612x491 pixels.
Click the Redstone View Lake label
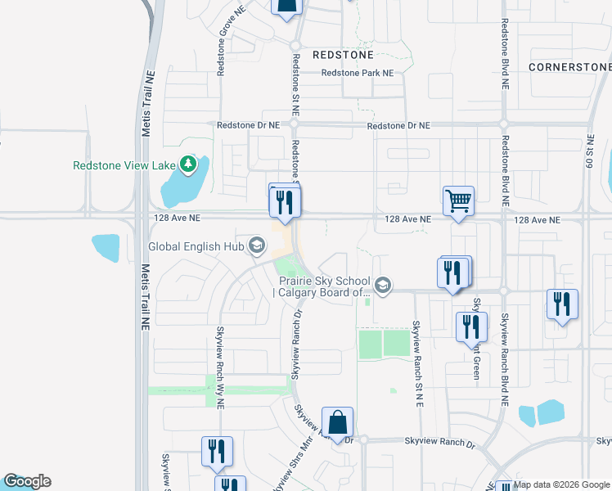[124, 165]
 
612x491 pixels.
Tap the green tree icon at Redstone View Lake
[189, 165]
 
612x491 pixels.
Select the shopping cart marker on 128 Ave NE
[458, 200]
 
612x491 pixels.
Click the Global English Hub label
[196, 246]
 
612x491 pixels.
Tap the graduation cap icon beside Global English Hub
[256, 245]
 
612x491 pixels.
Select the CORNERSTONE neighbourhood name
[569, 66]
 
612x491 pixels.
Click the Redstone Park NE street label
[358, 73]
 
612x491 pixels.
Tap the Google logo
[27, 481]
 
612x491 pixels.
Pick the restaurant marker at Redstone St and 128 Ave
[284, 202]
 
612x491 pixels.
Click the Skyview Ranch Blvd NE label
[505, 361]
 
